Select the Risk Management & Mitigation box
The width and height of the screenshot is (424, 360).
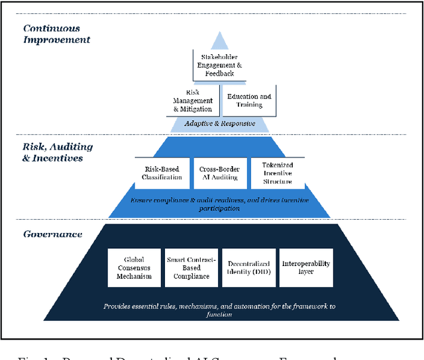pyautogui.click(x=193, y=100)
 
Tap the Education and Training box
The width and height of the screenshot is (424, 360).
pyautogui.click(x=249, y=100)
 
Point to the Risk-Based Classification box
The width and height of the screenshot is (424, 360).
pyautogui.click(x=162, y=173)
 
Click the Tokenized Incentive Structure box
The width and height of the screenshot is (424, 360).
pyautogui.click(x=276, y=173)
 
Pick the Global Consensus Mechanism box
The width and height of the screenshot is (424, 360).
pyautogui.click(x=134, y=267)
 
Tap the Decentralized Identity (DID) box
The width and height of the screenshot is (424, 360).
pyautogui.click(x=248, y=267)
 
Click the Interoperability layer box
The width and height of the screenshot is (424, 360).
pyautogui.click(x=305, y=267)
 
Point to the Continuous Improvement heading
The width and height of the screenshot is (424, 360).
pyautogui.click(x=56, y=34)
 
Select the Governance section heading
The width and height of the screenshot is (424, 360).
pyautogui.click(x=53, y=234)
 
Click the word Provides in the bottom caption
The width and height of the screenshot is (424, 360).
pyautogui.click(x=118, y=306)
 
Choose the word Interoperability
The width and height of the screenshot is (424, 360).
pyautogui.click(x=305, y=263)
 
